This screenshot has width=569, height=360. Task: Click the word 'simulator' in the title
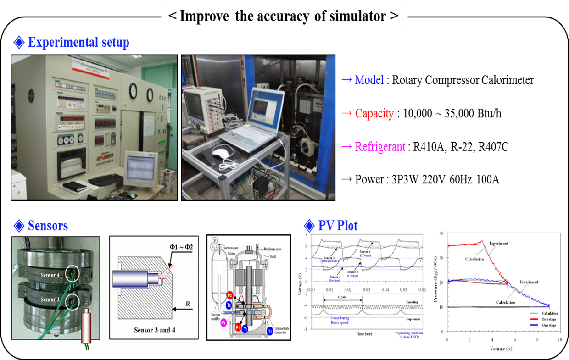[x=358, y=16]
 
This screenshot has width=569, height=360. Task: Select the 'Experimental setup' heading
[x=78, y=43]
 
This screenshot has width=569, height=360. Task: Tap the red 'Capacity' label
[x=374, y=113]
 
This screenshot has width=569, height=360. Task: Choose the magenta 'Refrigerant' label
[x=380, y=147]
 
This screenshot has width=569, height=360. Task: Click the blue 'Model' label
[x=369, y=80]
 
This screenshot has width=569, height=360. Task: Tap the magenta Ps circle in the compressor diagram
[x=223, y=323]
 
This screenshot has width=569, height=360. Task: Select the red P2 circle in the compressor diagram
[x=230, y=295]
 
